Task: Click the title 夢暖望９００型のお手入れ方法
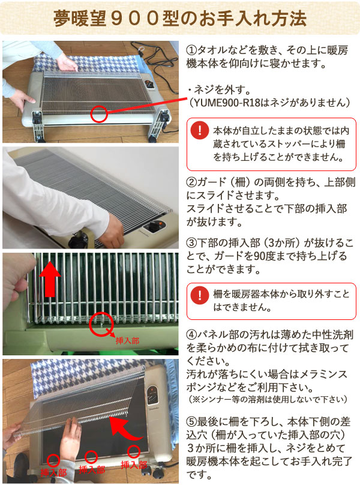pyautogui.click(x=179, y=17)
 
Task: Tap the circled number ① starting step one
pyautogui.click(x=192, y=50)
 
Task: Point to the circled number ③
pyautogui.click(x=192, y=244)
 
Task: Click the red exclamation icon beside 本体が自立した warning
pyautogui.click(x=199, y=130)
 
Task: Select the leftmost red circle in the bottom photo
pyautogui.click(x=53, y=460)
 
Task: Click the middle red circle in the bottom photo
pyautogui.click(x=92, y=457)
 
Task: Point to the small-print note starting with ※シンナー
pyautogui.click(x=268, y=399)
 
